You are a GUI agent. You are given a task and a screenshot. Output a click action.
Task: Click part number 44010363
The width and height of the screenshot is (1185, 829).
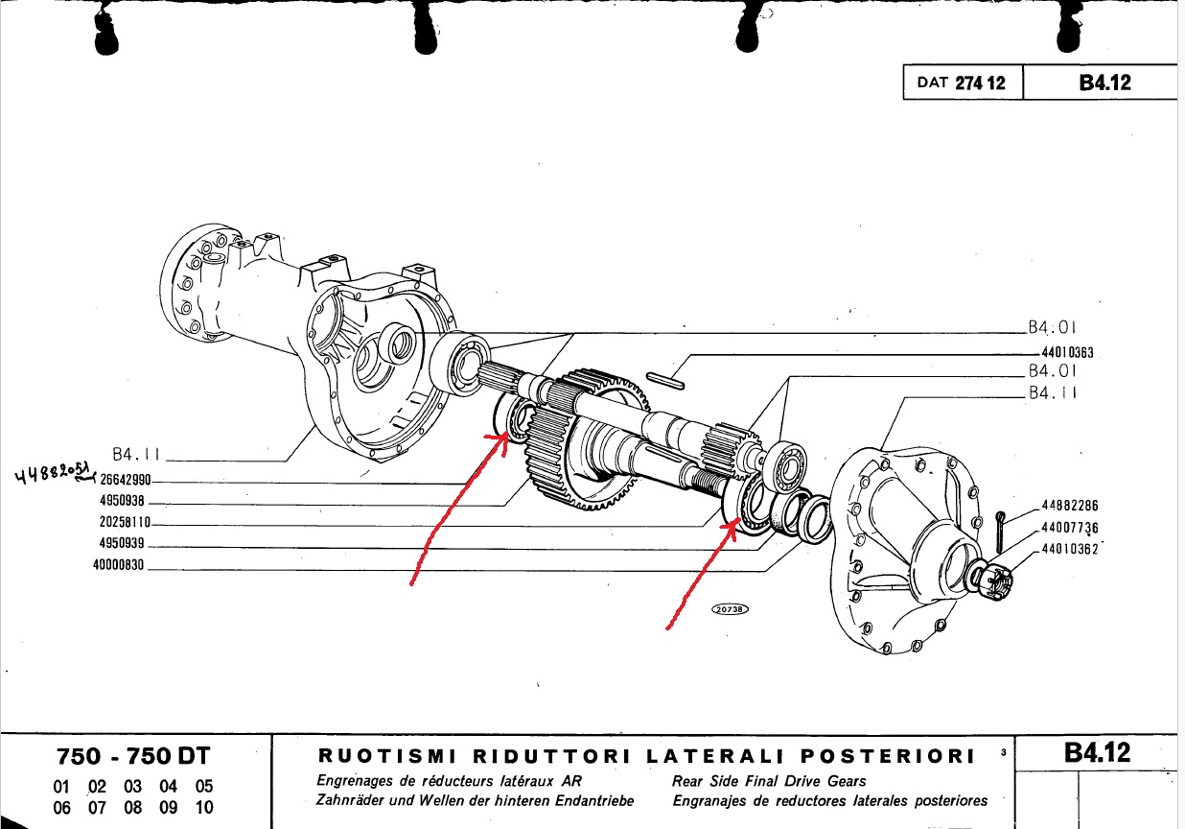tap(1067, 352)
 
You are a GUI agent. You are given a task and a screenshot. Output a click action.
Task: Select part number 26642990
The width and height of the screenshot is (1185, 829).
tap(126, 480)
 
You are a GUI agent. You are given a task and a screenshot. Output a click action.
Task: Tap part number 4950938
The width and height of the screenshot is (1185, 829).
tap(122, 501)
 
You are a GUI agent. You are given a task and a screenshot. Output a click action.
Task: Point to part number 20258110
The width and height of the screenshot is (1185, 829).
tap(125, 523)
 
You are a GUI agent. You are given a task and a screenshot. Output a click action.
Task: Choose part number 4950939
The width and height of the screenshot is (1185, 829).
tap(122, 544)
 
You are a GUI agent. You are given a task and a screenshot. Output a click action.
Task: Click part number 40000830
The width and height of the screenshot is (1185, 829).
tap(119, 565)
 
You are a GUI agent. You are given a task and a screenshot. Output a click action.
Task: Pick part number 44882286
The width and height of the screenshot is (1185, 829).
tap(1070, 506)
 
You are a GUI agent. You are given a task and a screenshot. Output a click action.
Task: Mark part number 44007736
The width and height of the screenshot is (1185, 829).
tap(1070, 528)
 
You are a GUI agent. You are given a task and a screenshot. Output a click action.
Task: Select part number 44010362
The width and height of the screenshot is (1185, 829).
tap(1070, 549)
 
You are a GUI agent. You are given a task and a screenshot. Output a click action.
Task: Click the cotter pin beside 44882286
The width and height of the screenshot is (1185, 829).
tap(1000, 533)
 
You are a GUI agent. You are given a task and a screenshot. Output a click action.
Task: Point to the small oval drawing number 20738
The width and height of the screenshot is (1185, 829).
tap(730, 609)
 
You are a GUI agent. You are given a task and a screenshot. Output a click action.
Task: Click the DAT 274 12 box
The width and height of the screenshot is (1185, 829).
tap(963, 83)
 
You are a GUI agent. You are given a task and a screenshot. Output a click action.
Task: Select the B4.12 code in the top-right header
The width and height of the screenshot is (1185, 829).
tap(1104, 83)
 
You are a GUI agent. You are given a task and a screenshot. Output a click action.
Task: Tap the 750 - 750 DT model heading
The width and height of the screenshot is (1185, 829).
tap(133, 756)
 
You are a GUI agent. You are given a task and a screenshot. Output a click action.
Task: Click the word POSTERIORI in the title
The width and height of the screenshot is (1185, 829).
tap(887, 756)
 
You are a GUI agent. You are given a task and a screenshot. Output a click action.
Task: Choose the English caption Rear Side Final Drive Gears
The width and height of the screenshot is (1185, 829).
tap(769, 781)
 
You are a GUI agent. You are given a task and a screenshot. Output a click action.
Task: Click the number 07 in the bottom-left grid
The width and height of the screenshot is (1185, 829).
tap(98, 808)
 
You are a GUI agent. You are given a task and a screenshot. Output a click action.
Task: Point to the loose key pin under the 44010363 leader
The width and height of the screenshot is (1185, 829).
tap(665, 381)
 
